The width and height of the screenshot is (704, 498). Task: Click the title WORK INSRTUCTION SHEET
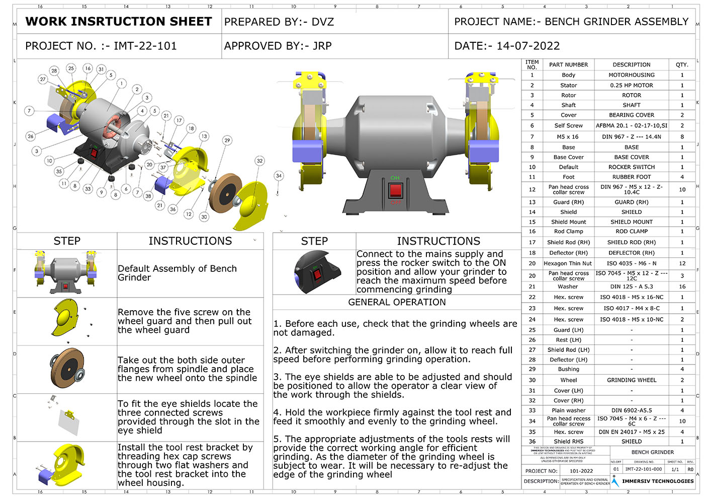point(119,22)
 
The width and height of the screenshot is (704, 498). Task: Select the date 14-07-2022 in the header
point(528,46)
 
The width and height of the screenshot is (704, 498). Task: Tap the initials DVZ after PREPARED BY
point(323,22)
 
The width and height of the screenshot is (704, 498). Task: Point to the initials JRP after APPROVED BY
point(322,46)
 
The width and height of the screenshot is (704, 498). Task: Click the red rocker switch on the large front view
point(396,191)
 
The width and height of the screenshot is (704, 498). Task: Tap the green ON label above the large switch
point(395,178)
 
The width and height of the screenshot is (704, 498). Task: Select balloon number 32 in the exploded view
point(259,161)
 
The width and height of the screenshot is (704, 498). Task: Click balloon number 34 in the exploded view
point(279,176)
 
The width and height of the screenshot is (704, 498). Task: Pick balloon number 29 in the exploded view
point(227,140)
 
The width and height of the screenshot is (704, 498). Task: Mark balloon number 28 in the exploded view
point(54,71)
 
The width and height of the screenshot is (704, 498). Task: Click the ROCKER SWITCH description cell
point(632,167)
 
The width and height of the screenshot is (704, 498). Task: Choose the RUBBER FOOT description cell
point(632,177)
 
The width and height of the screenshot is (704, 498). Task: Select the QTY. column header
point(682,65)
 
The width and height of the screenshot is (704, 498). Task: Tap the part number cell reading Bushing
point(568,369)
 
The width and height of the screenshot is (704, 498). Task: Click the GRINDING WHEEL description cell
point(632,380)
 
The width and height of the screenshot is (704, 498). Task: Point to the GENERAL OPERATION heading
point(397,302)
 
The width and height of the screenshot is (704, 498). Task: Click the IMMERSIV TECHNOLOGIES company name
point(658,481)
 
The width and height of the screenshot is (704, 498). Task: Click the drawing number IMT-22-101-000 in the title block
point(643,469)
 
